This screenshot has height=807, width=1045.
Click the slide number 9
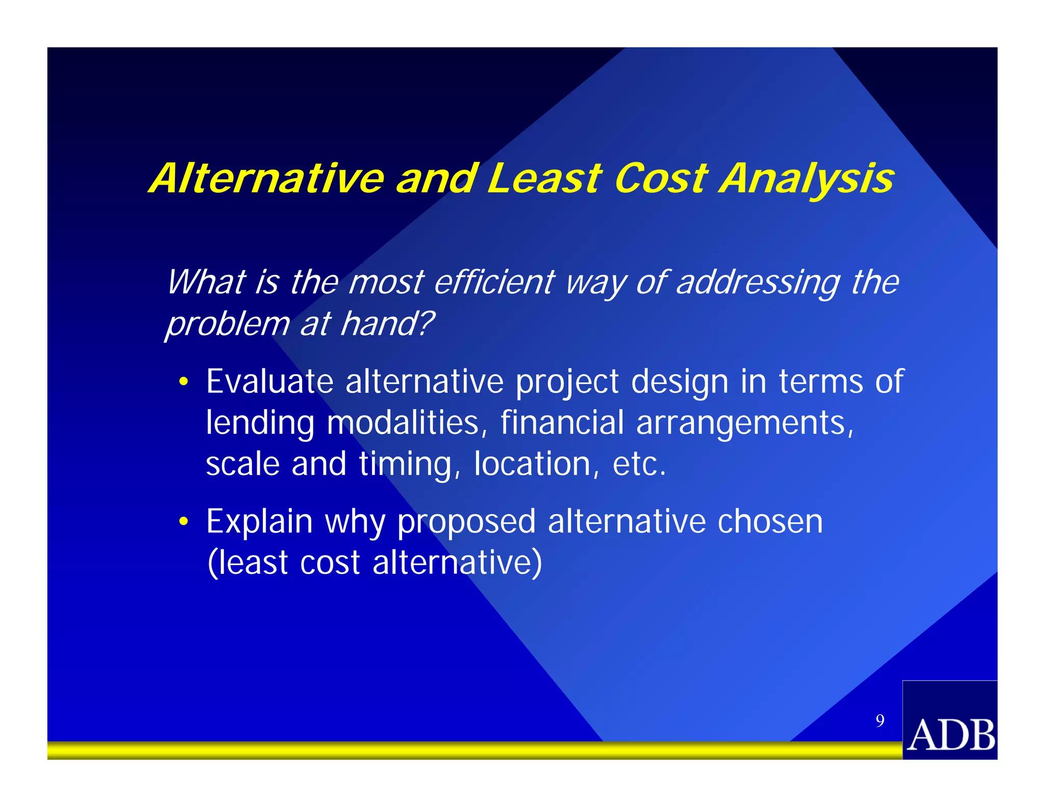tap(880, 720)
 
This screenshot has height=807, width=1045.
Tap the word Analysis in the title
tap(807, 180)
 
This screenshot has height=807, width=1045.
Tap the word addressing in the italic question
tap(757, 283)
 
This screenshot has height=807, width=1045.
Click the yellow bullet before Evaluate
tap(183, 382)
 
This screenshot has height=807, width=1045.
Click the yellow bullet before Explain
tap(183, 522)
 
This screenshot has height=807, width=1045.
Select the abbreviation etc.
tap(639, 464)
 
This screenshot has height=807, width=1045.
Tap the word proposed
tap(466, 523)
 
